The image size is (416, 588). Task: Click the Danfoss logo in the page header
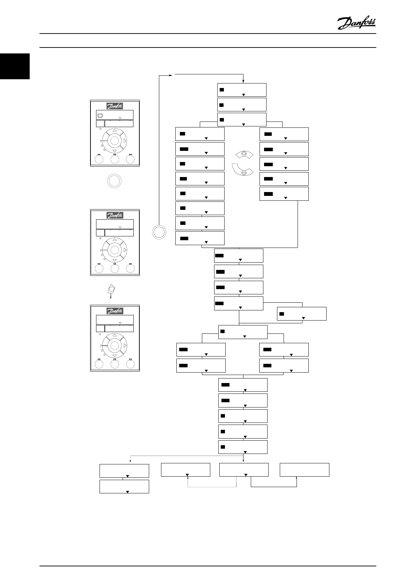pyautogui.click(x=356, y=23)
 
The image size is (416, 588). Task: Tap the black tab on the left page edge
pyautogui.click(x=15, y=66)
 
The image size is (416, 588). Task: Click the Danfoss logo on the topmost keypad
pyautogui.click(x=115, y=106)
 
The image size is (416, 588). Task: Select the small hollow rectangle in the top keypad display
pyautogui.click(x=100, y=116)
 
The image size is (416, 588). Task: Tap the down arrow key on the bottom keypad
pyautogui.click(x=115, y=356)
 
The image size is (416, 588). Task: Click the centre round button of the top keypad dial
pyautogui.click(x=115, y=141)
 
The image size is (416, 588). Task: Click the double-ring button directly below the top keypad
pyautogui.click(x=114, y=181)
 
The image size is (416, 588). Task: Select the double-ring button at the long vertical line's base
pyautogui.click(x=159, y=232)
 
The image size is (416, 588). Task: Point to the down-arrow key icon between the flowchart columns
pyautogui.click(x=243, y=170)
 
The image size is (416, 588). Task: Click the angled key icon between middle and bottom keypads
pyautogui.click(x=111, y=289)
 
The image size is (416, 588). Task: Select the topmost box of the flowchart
pyautogui.click(x=242, y=90)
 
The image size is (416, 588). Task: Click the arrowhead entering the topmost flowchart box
pyautogui.click(x=243, y=82)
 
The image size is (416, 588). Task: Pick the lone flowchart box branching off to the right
pyautogui.click(x=302, y=314)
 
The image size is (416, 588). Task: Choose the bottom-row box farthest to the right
pyautogui.click(x=304, y=470)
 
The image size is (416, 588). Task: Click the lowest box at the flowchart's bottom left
pyautogui.click(x=124, y=486)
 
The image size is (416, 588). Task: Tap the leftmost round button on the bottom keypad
pyautogui.click(x=99, y=364)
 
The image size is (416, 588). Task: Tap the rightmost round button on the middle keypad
pyautogui.click(x=130, y=269)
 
